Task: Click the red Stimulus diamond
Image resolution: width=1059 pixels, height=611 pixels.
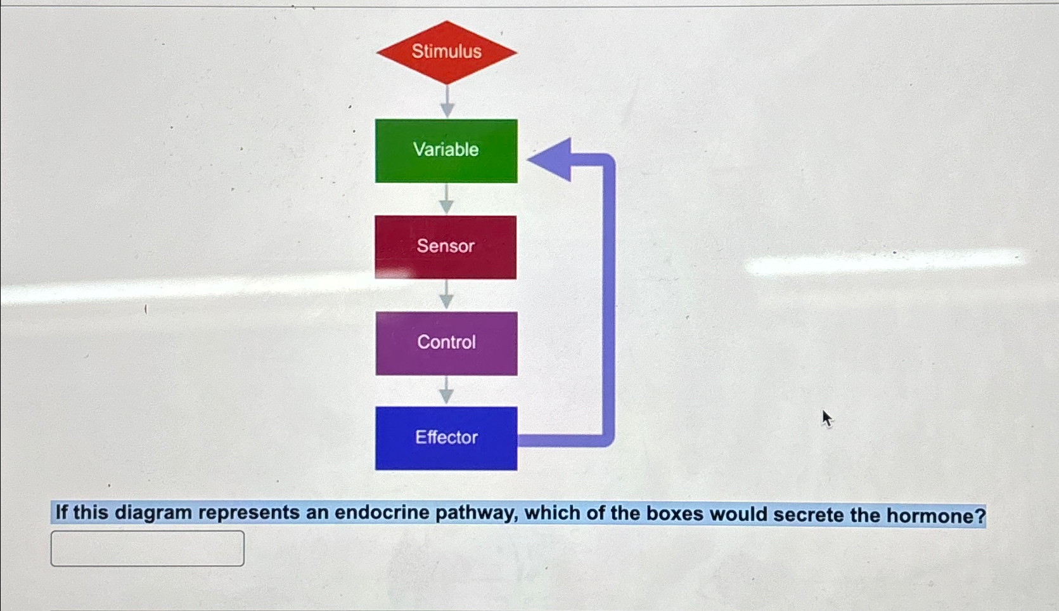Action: (446, 52)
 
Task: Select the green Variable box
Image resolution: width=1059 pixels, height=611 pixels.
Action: (446, 150)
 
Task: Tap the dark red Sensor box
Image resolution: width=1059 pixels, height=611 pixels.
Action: (446, 247)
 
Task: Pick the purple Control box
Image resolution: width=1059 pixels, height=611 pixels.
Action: (446, 343)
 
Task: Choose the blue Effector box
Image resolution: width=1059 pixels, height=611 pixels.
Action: (446, 438)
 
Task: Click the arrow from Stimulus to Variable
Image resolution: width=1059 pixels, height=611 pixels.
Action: (447, 102)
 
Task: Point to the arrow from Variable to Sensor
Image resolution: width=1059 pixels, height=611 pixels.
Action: (446, 199)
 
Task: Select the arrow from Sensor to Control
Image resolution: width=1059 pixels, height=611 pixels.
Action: (446, 295)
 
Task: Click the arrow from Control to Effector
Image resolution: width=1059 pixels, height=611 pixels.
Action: (446, 391)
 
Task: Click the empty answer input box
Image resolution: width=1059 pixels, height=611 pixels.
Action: (147, 548)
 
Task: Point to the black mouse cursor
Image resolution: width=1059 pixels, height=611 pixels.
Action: (826, 418)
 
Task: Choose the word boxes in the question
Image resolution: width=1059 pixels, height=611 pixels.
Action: (674, 513)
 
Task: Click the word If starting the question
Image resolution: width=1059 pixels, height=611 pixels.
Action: (61, 512)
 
